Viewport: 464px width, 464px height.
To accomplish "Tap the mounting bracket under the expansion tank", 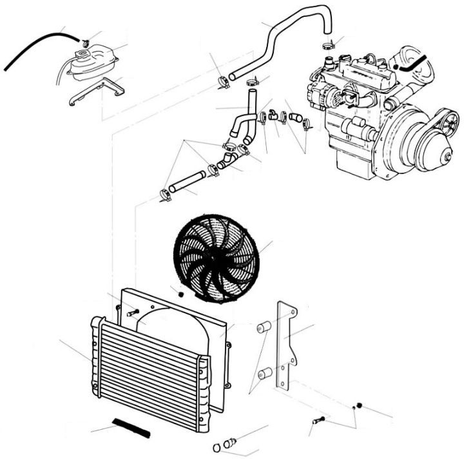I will [97, 90].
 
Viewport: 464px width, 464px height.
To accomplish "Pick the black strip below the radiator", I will [130, 425].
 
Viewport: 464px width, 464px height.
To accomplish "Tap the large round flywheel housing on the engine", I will [425, 145].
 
